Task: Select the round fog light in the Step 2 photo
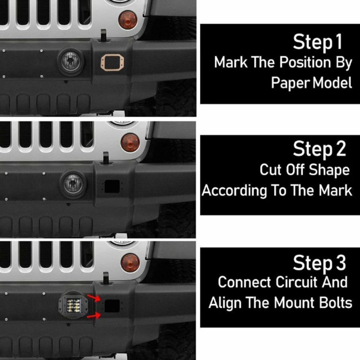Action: [x=73, y=184]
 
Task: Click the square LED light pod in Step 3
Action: [x=73, y=305]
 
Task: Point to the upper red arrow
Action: [x=94, y=298]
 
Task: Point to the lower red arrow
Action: [x=94, y=316]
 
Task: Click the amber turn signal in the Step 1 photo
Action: [x=128, y=20]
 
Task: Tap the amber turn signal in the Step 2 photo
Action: [x=130, y=142]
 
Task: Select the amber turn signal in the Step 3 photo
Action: [x=130, y=262]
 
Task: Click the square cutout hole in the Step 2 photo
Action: [x=112, y=186]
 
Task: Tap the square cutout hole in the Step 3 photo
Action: [x=112, y=306]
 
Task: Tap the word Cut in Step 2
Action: [x=271, y=170]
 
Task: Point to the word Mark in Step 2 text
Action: [x=336, y=190]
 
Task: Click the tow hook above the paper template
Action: [x=104, y=35]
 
